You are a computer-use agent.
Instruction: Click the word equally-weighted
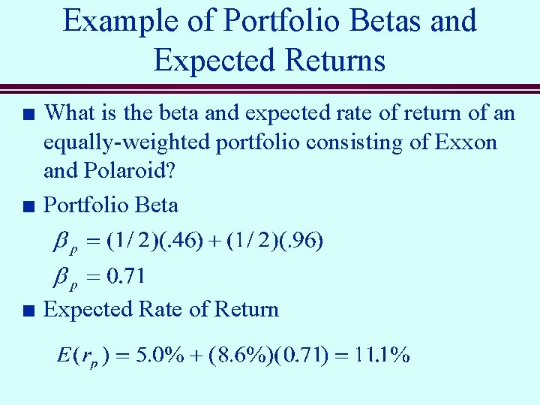pyautogui.click(x=128, y=142)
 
